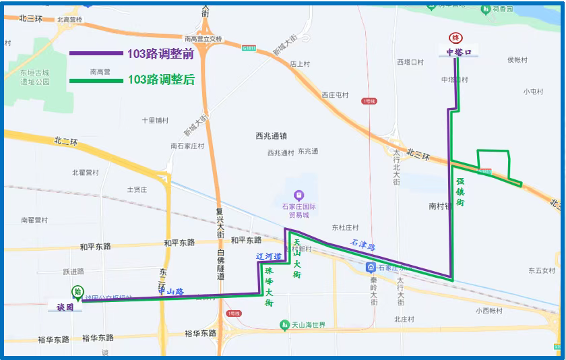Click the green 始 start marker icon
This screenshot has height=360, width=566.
[78, 292]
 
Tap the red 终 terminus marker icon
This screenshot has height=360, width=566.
[457, 39]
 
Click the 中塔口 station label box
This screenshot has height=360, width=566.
[459, 52]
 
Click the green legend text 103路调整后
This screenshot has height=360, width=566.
[161, 80]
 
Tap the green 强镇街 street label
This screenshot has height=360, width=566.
[460, 192]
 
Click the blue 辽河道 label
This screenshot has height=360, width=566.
[268, 257]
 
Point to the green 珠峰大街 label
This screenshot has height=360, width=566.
[269, 288]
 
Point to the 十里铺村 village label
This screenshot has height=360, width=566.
[154, 121]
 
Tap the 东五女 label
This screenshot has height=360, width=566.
[540, 270]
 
